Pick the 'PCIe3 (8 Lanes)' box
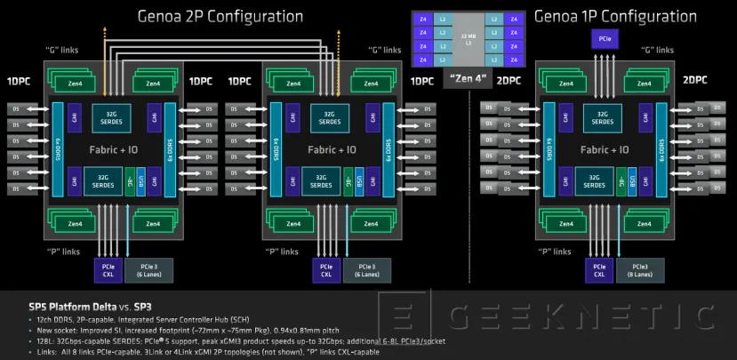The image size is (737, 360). click(640, 270)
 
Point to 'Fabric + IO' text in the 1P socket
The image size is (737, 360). click(605, 150)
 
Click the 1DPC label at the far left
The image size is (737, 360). click(19, 81)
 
